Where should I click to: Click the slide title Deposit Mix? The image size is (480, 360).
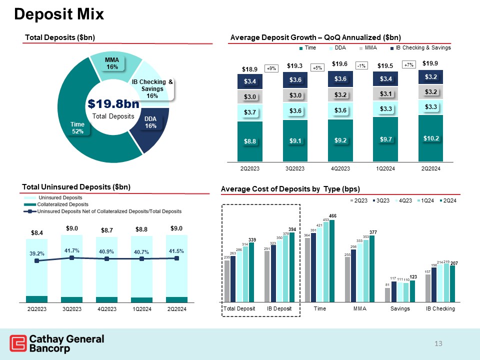tap(59, 14)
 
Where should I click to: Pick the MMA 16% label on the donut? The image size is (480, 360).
tap(111, 63)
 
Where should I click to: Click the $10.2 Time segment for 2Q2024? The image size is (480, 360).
tap(430, 137)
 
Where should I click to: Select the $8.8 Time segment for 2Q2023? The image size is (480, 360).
tap(250, 141)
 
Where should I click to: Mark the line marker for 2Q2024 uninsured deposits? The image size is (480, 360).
tap(177, 258)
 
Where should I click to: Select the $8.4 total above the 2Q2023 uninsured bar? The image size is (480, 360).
tap(37, 232)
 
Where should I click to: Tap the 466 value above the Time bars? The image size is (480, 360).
tap(332, 215)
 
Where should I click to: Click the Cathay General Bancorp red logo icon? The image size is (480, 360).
tap(18, 344)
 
